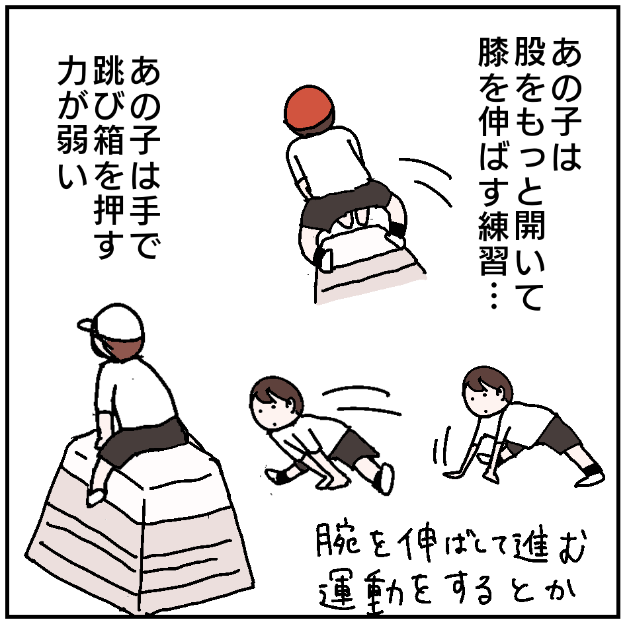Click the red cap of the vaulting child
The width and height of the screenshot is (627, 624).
click(x=309, y=107)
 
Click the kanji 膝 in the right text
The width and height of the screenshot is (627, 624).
click(x=493, y=52)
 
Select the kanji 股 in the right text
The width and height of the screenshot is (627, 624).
click(x=530, y=52)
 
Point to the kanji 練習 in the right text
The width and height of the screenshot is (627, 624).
click(x=493, y=243)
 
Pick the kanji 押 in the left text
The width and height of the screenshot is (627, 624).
click(x=108, y=210)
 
